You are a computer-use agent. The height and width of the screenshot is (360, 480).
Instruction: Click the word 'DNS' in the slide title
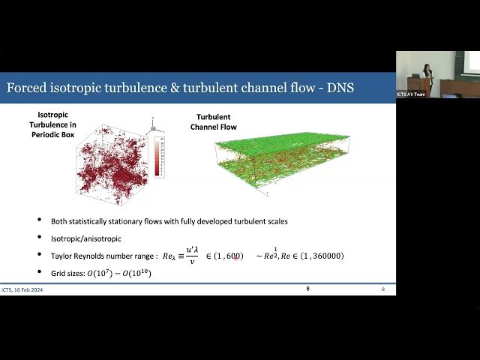coord(337,88)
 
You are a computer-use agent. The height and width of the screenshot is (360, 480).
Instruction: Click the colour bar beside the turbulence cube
coord(157,156)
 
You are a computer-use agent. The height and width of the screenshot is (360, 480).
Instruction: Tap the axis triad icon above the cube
coord(152,121)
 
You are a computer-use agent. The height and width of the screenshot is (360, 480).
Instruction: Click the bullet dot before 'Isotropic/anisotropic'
coord(40,238)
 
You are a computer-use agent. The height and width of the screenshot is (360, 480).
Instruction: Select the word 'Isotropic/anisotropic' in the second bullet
coord(76,238)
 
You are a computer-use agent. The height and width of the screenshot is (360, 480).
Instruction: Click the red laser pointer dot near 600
coord(235,258)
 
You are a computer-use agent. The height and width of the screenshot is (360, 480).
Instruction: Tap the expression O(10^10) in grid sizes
coord(136,273)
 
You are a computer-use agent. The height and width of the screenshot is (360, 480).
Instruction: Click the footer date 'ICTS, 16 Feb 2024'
coord(22,289)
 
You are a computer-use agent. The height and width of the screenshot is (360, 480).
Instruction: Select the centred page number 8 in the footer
coord(307,289)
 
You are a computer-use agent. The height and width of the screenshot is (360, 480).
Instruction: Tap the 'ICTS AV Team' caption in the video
coord(412,94)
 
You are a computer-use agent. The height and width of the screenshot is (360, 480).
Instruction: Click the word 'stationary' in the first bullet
coord(132,221)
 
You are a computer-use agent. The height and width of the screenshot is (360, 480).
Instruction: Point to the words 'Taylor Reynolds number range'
coord(104,256)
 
